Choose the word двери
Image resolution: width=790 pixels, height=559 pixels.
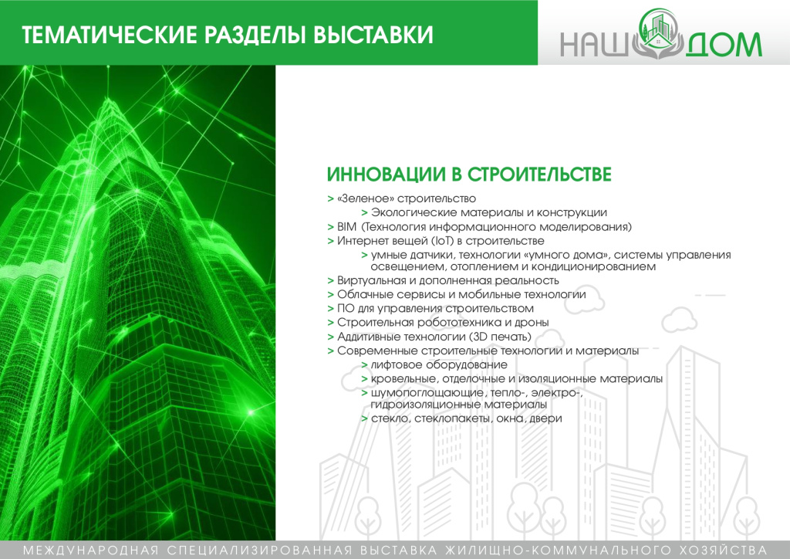[545, 418]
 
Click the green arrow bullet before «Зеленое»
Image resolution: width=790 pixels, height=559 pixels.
[330, 198]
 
